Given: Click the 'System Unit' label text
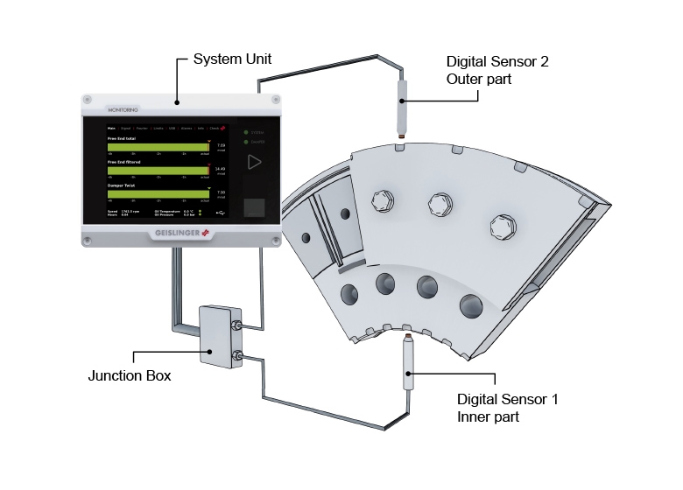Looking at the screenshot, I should coord(233,60).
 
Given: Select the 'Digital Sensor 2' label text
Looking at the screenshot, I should coord(497,63).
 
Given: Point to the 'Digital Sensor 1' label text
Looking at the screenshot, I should coord(507,400).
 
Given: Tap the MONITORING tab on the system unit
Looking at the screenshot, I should coord(123,111).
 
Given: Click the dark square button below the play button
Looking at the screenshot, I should coord(255,207).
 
